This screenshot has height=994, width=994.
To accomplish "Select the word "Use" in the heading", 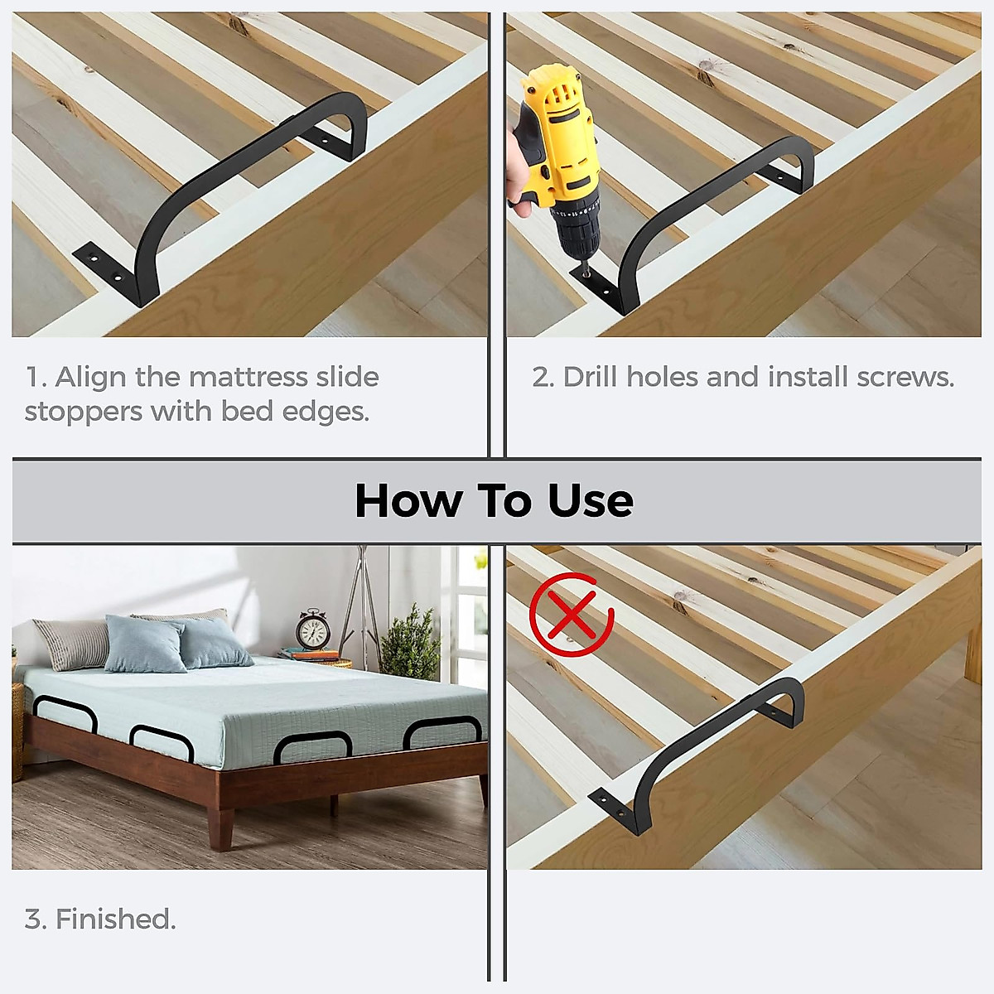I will click(x=591, y=500).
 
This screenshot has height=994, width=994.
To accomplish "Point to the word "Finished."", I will click(x=115, y=919).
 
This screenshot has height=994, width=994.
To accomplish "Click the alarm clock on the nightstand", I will click(x=313, y=631).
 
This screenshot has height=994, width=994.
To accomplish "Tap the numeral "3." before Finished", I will click(x=35, y=919).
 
